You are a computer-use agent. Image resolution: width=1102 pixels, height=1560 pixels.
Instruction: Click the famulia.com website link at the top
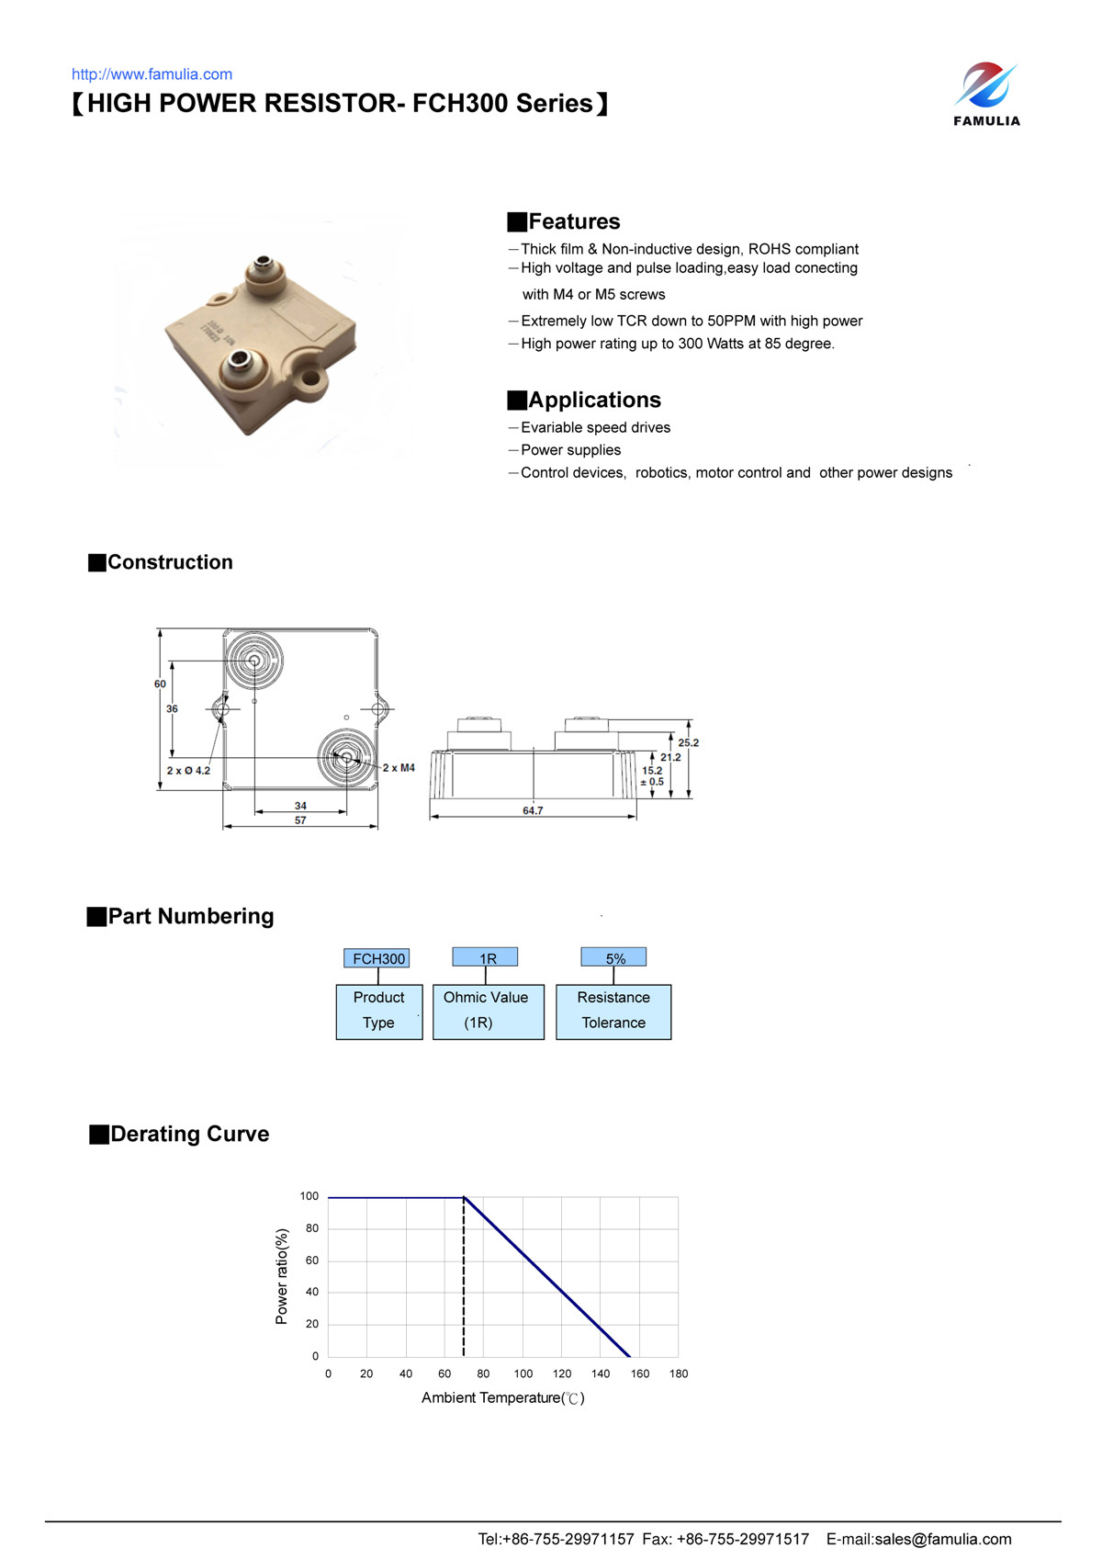tap(152, 74)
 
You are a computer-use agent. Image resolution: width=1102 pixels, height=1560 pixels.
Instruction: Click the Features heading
tap(574, 221)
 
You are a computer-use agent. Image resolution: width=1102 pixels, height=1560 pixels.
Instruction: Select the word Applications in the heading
tap(594, 400)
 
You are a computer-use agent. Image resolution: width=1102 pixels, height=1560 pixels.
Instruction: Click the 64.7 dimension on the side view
tap(533, 810)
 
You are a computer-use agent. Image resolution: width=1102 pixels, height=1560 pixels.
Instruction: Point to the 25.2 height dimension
tap(688, 742)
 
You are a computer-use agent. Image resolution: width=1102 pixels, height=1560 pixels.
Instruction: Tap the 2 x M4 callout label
tap(399, 767)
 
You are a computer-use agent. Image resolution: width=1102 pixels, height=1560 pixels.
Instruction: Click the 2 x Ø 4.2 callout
tap(188, 770)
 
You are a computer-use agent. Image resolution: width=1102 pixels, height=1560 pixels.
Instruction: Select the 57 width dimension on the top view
tap(300, 820)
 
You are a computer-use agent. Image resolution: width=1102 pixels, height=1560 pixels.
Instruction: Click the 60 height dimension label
tap(160, 684)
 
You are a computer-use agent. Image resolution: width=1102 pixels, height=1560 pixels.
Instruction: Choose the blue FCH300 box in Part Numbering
tap(377, 958)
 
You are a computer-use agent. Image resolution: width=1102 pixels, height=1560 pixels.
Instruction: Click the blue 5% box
tap(614, 958)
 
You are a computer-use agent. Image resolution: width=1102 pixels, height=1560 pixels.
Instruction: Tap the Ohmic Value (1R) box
tap(487, 1011)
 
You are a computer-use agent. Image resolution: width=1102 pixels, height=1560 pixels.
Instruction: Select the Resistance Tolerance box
tap(613, 1011)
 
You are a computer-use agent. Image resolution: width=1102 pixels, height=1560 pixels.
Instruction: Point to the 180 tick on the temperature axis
tap(678, 1373)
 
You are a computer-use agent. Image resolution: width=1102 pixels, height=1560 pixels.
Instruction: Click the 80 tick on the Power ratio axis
tap(312, 1228)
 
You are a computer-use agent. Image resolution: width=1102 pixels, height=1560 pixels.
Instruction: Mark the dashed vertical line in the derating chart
tap(464, 1286)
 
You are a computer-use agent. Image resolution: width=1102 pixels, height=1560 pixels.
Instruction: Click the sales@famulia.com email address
tap(942, 1539)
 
